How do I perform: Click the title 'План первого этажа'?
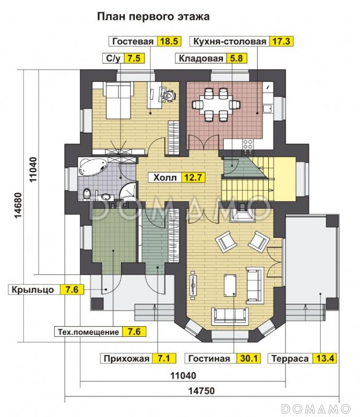153,17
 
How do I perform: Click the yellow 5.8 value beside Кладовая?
235,58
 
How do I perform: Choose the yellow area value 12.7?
193,177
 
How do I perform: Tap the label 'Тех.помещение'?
87,331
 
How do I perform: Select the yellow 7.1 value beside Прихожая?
164,358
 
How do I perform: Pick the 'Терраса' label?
289,358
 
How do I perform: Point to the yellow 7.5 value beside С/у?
134,58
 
